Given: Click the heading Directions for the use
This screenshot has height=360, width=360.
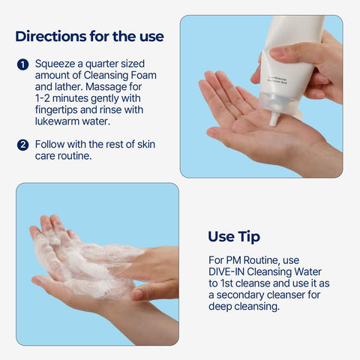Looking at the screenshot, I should (x=89, y=36).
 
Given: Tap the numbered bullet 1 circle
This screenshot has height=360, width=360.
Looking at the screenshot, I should (x=22, y=64).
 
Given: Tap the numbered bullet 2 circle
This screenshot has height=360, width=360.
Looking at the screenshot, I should (x=22, y=144).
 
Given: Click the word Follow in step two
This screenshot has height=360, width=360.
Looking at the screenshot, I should (x=51, y=144).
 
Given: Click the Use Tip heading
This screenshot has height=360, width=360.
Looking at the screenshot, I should (x=234, y=237).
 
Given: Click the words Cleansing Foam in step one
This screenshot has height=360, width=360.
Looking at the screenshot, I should (x=108, y=76).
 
